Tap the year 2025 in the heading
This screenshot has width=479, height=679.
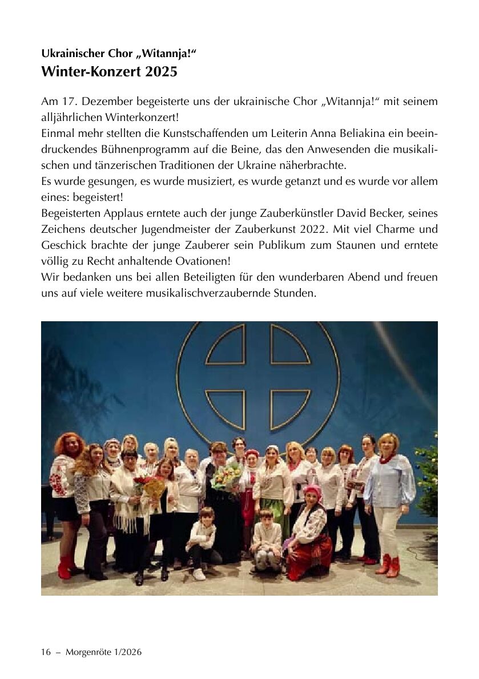[x=162, y=72]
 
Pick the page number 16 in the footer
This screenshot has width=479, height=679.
[x=46, y=652]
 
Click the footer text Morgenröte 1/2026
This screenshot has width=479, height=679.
[x=103, y=652]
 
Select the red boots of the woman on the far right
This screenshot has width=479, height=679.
[x=388, y=565]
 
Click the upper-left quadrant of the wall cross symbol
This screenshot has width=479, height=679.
[x=226, y=345]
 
